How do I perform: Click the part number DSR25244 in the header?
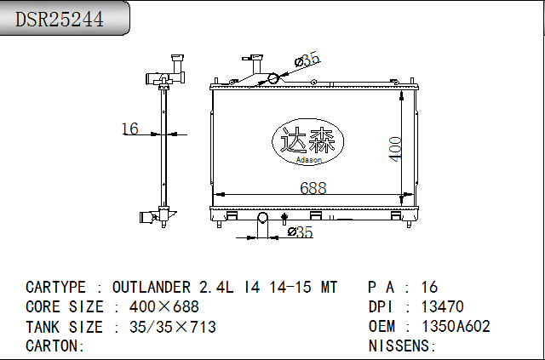point(60,19)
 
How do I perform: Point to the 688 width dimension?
point(313,188)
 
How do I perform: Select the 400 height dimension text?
point(395,150)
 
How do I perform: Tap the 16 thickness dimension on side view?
point(130,129)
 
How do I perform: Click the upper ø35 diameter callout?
point(307,60)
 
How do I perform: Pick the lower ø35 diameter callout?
point(301,231)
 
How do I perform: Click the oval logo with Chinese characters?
point(307,142)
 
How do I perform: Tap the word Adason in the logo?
point(309,160)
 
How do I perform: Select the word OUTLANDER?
point(152,288)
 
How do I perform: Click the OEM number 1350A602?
point(456,326)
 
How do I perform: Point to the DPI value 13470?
point(443,307)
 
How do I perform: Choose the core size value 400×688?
point(164,307)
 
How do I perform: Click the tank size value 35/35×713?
point(173,327)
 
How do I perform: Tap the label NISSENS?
point(399,346)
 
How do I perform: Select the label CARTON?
point(52,346)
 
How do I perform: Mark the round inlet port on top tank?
point(273,78)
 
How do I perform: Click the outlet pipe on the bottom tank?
point(262,218)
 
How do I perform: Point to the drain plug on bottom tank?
point(284,218)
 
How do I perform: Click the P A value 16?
point(429,288)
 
